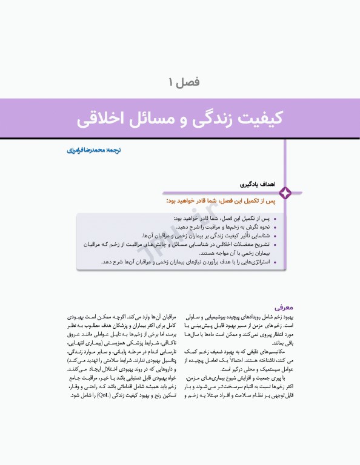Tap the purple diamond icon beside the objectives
tap(285, 193)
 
